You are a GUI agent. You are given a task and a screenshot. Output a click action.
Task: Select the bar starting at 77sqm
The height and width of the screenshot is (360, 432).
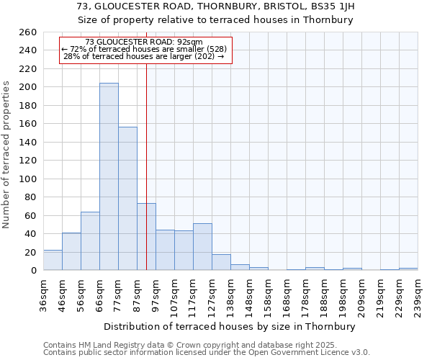tap(127, 198)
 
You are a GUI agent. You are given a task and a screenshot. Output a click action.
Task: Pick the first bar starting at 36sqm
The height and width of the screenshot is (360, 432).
tap(53, 260)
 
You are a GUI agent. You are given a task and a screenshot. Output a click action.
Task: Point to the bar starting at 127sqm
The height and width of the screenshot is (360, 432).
tap(221, 262)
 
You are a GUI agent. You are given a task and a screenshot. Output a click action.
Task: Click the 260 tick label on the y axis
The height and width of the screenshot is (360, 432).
tap(28, 32)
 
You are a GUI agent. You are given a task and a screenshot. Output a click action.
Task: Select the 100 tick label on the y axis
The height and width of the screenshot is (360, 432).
tap(28, 179)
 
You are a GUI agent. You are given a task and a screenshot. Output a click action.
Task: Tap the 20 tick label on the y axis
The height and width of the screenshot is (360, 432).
tap(31, 252)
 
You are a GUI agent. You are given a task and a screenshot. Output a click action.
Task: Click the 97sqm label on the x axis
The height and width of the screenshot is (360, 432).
tap(156, 294)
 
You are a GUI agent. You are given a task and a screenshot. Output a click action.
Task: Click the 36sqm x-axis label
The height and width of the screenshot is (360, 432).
tap(43, 294)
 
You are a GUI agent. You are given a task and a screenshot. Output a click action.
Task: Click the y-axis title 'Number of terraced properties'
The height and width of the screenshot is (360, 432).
tap(6, 155)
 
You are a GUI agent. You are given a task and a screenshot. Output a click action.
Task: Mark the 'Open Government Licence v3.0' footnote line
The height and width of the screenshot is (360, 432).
tap(207, 353)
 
